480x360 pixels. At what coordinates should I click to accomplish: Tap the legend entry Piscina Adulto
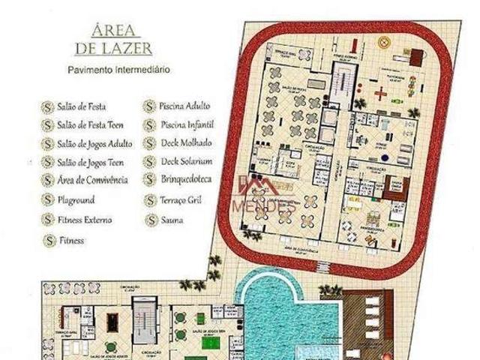coord(185,106)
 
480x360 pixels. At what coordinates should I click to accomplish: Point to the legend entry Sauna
coord(172,220)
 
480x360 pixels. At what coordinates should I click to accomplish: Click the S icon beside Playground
coord(48,200)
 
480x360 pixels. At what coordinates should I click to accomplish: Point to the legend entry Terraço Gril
coord(184,201)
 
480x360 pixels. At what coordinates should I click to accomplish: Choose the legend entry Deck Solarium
coord(186,161)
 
